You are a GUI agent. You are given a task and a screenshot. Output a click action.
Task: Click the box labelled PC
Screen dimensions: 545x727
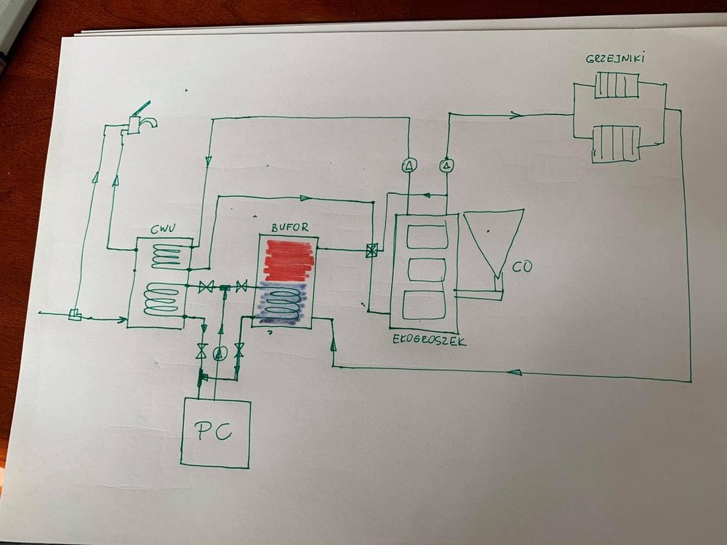point(216,432)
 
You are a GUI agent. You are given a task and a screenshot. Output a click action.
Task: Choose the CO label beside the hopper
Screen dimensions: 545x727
point(521,267)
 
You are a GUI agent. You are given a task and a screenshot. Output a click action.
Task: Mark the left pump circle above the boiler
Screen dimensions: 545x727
point(408,166)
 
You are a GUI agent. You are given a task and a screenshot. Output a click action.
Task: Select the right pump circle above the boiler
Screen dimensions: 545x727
point(446,166)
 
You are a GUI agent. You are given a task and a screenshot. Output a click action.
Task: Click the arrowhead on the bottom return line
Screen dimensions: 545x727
point(514,372)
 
